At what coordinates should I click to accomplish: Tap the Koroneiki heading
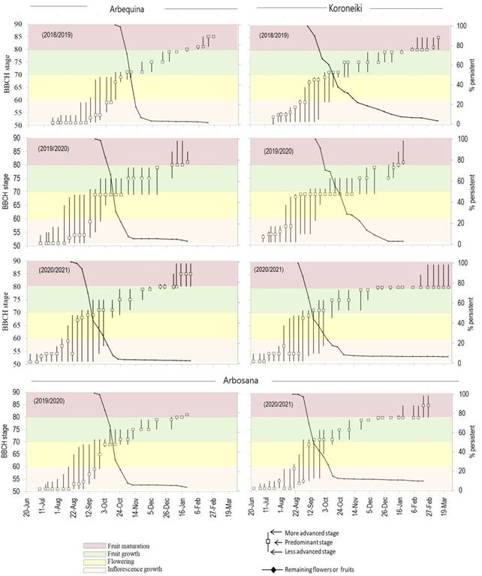[348, 8]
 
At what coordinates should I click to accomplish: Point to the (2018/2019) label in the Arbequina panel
[57, 35]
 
